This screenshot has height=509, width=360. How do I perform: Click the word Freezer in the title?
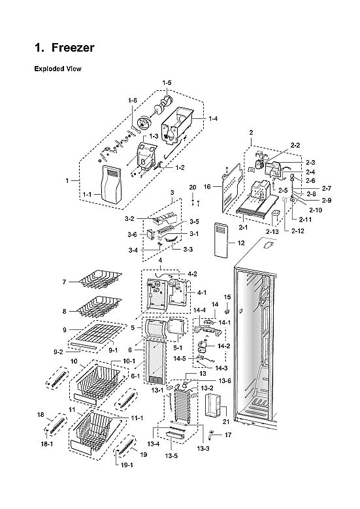click(x=73, y=48)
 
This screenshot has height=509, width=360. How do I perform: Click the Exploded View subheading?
click(x=57, y=69)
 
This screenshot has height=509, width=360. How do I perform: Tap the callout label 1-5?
click(x=167, y=82)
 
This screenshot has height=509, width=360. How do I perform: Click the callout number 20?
click(x=192, y=188)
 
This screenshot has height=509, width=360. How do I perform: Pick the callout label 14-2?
click(x=223, y=346)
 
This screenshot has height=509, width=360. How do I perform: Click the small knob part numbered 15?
click(x=227, y=308)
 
